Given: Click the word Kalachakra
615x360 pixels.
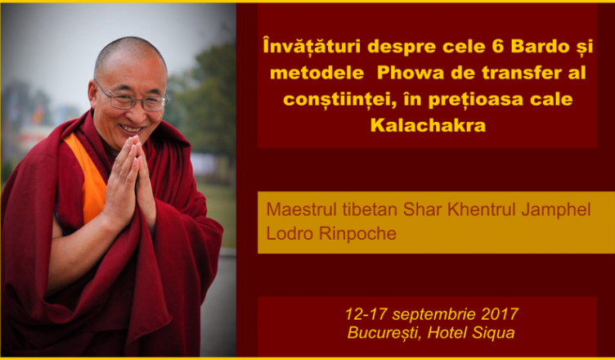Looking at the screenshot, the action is (x=428, y=126).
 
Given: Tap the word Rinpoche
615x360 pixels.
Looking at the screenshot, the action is (x=357, y=233).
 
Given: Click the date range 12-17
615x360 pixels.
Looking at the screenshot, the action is (x=366, y=314).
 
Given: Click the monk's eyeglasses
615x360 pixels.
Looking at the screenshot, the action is (x=132, y=97).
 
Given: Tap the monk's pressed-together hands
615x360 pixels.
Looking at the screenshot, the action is (x=130, y=182).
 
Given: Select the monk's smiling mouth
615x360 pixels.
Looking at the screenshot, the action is (x=131, y=128).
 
